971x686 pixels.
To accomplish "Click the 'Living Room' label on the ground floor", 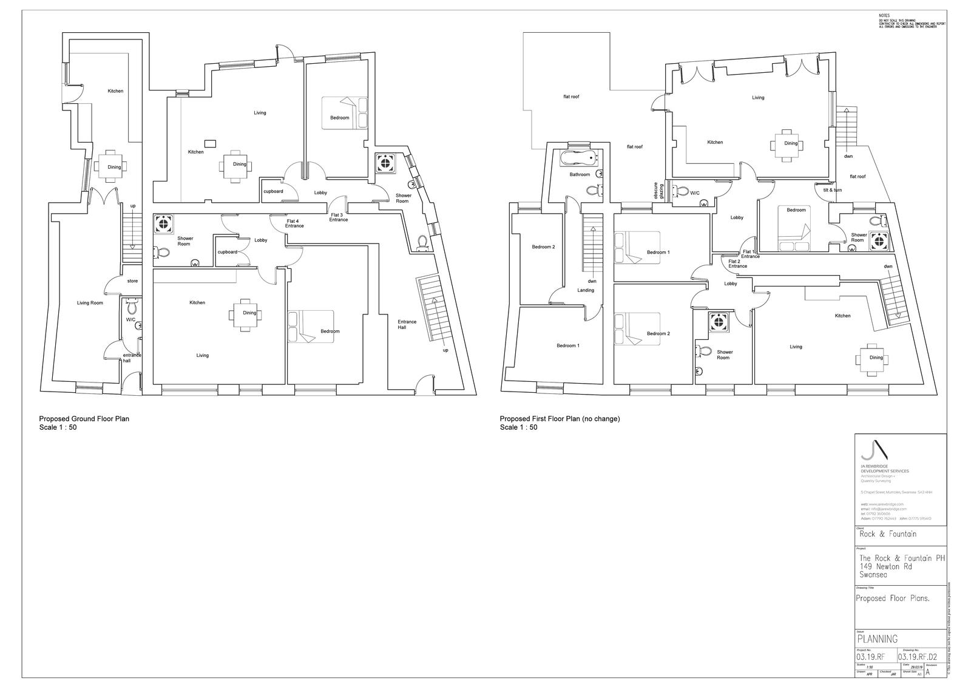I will [90, 303].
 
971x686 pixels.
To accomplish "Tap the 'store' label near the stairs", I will [132, 281].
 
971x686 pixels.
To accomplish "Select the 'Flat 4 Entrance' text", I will [295, 223].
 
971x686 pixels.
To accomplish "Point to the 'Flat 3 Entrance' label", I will [339, 217].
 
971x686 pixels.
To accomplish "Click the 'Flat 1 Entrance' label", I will [749, 254].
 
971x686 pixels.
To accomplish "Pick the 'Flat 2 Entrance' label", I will [737, 263].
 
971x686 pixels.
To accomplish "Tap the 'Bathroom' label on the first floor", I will [580, 175].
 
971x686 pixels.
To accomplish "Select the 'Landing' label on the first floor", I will [586, 290].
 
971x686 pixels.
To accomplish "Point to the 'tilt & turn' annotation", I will [832, 190].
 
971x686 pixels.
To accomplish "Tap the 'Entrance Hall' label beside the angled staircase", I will [407, 325].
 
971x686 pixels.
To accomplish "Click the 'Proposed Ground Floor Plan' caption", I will [84, 419].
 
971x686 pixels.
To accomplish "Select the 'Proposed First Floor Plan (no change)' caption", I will [560, 419].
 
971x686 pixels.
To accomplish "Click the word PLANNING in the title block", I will [877, 639].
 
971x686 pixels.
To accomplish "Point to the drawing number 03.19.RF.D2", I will [918, 656].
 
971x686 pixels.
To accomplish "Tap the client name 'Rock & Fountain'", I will [888, 534].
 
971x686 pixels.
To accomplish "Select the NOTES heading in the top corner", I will [884, 15].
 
